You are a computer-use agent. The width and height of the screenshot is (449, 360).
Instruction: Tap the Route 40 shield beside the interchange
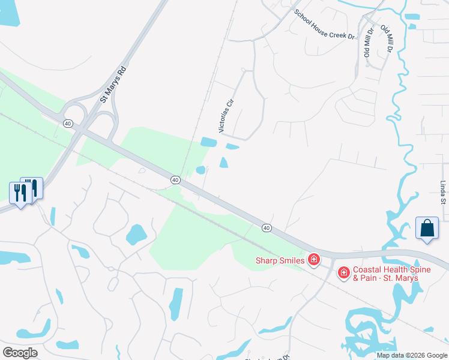pyautogui.click(x=68, y=123)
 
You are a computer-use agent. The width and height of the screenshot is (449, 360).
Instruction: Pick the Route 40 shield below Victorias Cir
pyautogui.click(x=175, y=179)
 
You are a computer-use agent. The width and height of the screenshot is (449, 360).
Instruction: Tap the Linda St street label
pyautogui.click(x=443, y=193)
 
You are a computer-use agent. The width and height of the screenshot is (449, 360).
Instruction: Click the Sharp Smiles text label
pyautogui.click(x=280, y=260)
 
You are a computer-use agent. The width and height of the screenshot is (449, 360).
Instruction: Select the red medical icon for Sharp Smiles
pyautogui.click(x=313, y=260)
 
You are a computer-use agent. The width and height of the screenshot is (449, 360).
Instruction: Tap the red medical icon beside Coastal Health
pyautogui.click(x=344, y=274)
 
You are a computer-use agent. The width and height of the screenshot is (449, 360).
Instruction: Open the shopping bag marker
pyautogui.click(x=427, y=229)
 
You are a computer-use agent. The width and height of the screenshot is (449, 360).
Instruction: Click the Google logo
pyautogui.click(x=20, y=352)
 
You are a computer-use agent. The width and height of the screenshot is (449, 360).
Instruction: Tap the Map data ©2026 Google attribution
pyautogui.click(x=412, y=355)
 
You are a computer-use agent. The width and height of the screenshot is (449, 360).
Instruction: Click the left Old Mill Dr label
pyautogui.click(x=367, y=41)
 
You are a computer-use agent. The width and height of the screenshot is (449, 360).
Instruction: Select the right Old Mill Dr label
pyautogui.click(x=385, y=40)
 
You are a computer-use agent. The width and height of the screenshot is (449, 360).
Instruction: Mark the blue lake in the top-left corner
pyautogui.click(x=9, y=12)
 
